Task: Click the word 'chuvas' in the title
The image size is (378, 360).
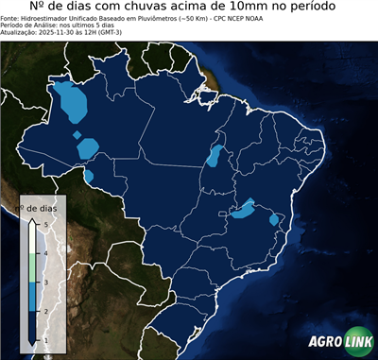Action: click(x=175, y=8)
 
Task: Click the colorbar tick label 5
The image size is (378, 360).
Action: click(x=43, y=223)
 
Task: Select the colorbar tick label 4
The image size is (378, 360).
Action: click(x=43, y=252)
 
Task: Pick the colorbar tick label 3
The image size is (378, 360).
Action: click(x=43, y=282)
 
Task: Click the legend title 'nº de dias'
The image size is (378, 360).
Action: click(x=41, y=207)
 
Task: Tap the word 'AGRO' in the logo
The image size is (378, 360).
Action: click(x=324, y=341)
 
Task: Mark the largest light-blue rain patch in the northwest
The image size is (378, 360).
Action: click(x=70, y=100)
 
